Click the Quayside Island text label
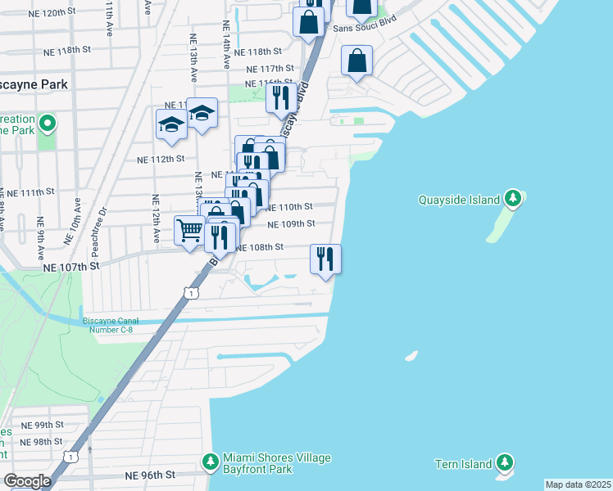click(459, 199)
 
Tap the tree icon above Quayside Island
click(513, 198)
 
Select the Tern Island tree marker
click(505, 464)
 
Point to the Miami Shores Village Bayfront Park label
click(276, 464)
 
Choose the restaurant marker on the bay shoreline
click(325, 259)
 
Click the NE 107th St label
click(72, 266)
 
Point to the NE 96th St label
click(150, 475)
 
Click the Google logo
click(27, 481)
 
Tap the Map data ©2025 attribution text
click(579, 484)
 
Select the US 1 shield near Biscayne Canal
click(191, 293)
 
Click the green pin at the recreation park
click(48, 124)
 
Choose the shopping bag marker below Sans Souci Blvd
click(357, 61)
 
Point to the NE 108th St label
click(260, 246)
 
